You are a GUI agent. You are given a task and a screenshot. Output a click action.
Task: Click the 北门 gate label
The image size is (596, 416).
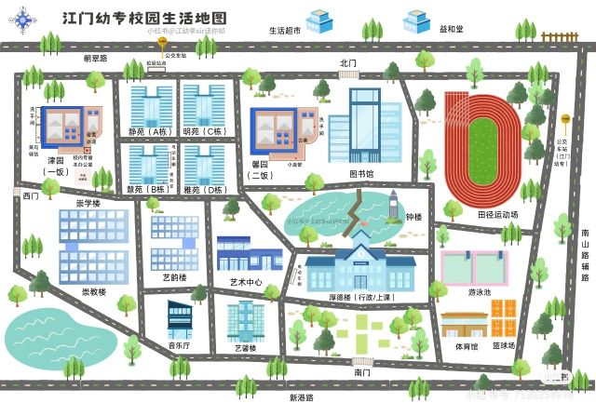(348, 63)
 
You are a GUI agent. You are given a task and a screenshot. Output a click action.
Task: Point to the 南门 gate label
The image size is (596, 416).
(362, 372)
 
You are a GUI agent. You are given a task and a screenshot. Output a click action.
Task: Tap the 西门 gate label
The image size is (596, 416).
(31, 196)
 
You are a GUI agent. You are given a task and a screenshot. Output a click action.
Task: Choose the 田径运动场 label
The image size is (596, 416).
(497, 214)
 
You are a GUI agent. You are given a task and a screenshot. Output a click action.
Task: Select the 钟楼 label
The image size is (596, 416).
(413, 217)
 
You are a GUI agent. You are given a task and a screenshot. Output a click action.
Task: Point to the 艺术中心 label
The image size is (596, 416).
(246, 282)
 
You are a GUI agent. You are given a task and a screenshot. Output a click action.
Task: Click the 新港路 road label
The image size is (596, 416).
(301, 397)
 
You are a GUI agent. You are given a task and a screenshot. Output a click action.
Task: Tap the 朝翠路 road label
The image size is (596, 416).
(95, 58)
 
